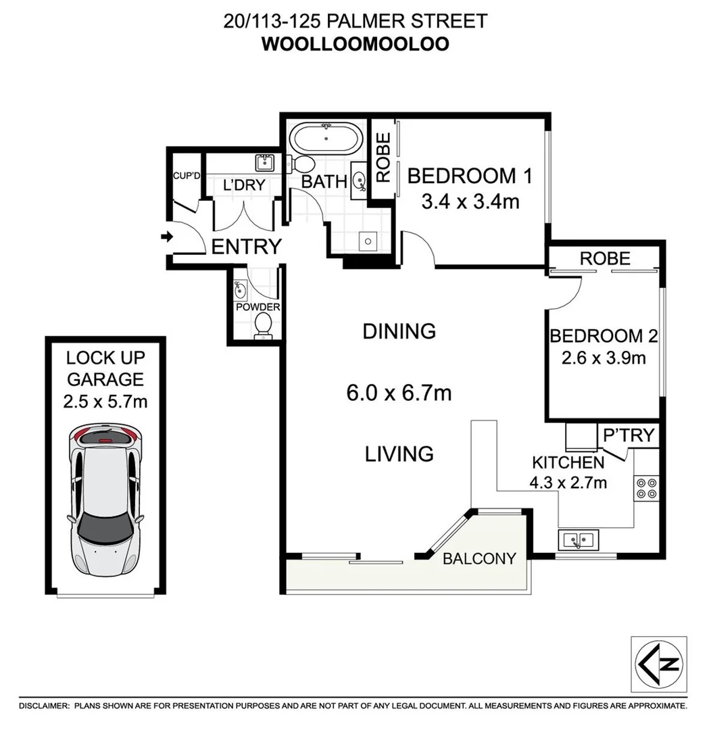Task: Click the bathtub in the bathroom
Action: pos(326,139)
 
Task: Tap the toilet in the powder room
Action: pos(262,326)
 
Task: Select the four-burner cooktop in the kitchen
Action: pos(645,487)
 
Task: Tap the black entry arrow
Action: pos(166,237)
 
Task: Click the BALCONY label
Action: pos(479,558)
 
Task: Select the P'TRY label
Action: pos(629,435)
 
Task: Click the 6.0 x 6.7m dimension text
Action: pos(398,393)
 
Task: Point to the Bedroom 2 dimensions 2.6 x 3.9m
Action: pos(603,358)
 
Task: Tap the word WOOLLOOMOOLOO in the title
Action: pos(355,44)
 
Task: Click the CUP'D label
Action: pos(187,176)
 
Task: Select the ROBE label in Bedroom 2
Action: pos(605,258)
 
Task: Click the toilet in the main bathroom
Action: pos(302,164)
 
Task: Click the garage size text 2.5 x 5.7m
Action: pos(105,401)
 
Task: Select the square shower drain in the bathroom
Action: pos(367,240)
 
